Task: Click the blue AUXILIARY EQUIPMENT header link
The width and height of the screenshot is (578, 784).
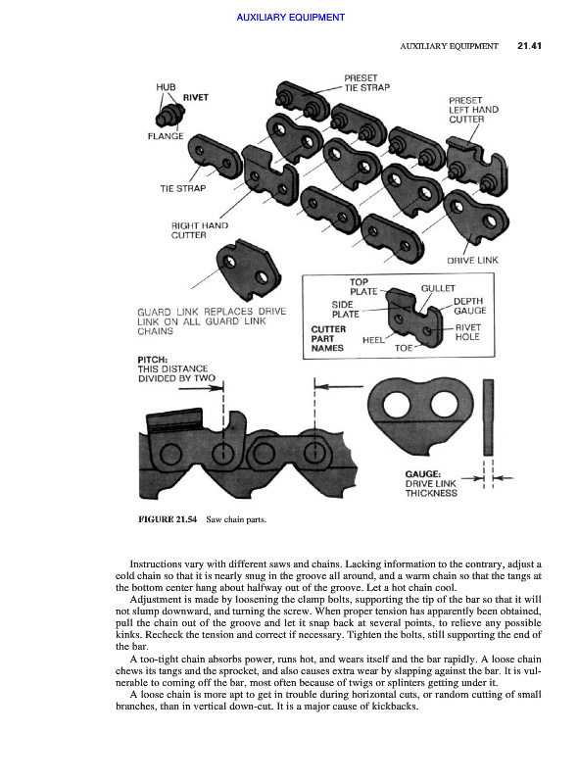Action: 291,18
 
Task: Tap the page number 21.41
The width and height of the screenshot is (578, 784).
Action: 529,46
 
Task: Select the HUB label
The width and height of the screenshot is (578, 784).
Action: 166,87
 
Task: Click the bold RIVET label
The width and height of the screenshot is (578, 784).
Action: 196,97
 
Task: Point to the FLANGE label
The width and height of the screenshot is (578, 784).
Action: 166,136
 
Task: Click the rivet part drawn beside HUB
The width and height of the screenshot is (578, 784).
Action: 169,115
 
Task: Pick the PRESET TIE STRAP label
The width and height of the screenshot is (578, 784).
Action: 367,82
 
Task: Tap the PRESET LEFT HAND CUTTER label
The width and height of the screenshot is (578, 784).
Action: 473,110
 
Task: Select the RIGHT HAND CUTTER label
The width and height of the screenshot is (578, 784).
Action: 200,230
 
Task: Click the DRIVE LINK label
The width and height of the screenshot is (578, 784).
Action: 472,260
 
